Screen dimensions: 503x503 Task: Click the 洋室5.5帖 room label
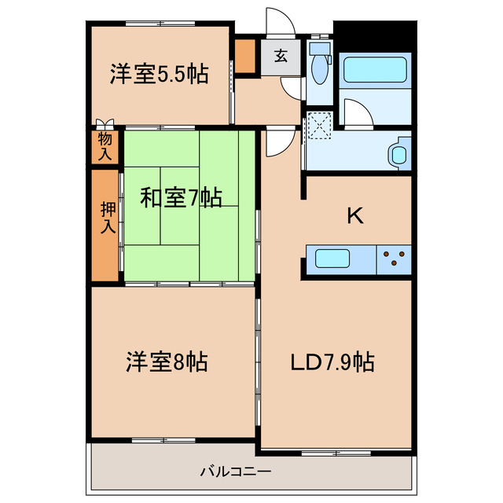[159, 75]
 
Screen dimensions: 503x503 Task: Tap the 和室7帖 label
[181, 197]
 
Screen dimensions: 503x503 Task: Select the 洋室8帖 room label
[167, 362]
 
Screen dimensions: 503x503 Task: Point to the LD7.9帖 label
[332, 362]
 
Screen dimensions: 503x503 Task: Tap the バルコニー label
[235, 472]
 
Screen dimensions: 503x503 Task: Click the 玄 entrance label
[280, 56]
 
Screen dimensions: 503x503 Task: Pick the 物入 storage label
[105, 146]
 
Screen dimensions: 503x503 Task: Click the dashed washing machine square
[320, 126]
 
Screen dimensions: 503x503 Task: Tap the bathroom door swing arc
[358, 115]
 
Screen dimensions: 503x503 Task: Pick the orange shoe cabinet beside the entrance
[246, 55]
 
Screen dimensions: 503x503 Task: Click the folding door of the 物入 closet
[105, 123]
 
